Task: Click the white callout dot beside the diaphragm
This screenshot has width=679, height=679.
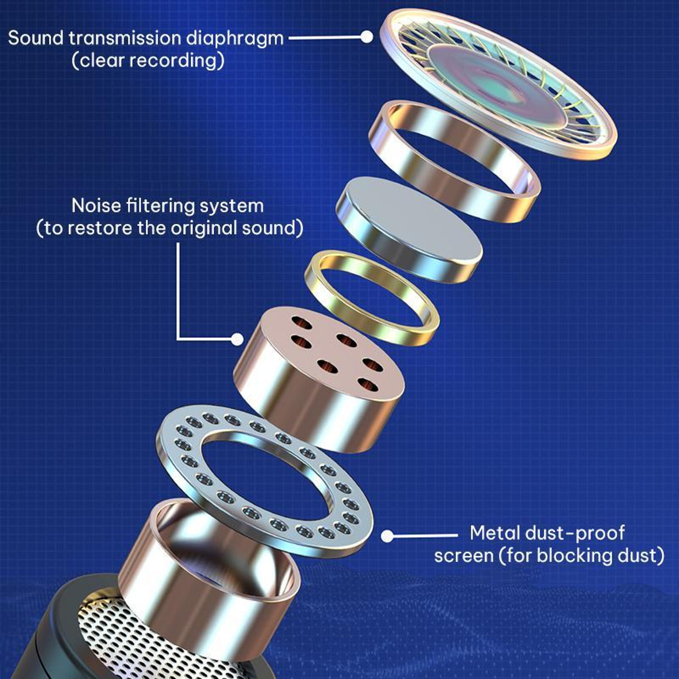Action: click(367, 37)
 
